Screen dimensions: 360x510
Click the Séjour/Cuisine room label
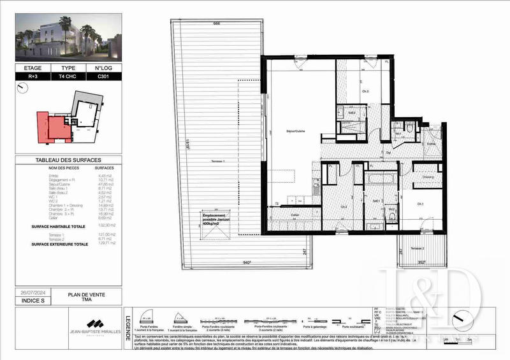(x=295, y=132)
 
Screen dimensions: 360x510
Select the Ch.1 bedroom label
(x=421, y=204)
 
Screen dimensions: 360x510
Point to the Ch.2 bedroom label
(x=343, y=206)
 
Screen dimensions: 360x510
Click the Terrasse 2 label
(x=418, y=248)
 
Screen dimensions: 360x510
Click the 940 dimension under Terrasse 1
(x=246, y=262)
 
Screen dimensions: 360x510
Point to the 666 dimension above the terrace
(x=216, y=24)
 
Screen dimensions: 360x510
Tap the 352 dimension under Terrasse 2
(x=421, y=262)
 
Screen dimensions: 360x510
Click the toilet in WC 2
(x=392, y=216)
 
